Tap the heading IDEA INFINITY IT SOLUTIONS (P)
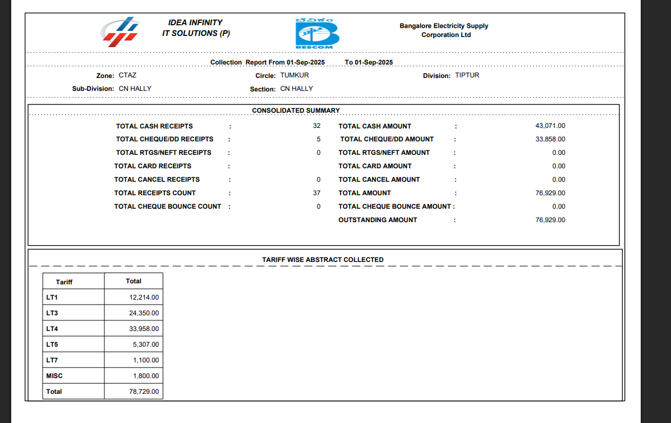click(x=196, y=28)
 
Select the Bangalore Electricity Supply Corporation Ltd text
click(x=444, y=30)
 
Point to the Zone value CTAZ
click(x=127, y=75)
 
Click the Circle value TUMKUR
click(x=295, y=75)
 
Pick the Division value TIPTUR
click(x=467, y=75)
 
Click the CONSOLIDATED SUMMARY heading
click(x=296, y=111)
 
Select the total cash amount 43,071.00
click(x=550, y=126)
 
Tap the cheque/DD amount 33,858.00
click(x=550, y=139)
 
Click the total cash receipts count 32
click(x=317, y=126)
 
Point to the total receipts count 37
click(x=317, y=193)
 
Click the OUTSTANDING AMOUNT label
click(x=378, y=220)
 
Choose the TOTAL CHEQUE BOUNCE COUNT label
click(x=168, y=206)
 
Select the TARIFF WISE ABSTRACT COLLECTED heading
click(x=323, y=260)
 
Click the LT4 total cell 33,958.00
click(x=144, y=329)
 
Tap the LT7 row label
click(x=52, y=360)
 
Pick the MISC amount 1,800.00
click(x=145, y=376)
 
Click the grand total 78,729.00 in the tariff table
click(x=144, y=392)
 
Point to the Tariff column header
click(x=64, y=282)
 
